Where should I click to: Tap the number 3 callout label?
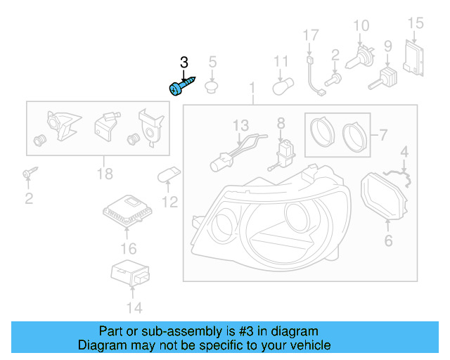pyautogui.click(x=184, y=63)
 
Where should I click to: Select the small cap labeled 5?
pyautogui.click(x=211, y=87)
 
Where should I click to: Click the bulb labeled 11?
pyautogui.click(x=281, y=86)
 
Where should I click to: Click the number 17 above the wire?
pyautogui.click(x=311, y=35)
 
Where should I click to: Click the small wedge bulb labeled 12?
pyautogui.click(x=169, y=175)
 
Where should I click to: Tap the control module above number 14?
pyautogui.click(x=130, y=273)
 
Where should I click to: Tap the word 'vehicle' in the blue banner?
pyautogui.click(x=307, y=345)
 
